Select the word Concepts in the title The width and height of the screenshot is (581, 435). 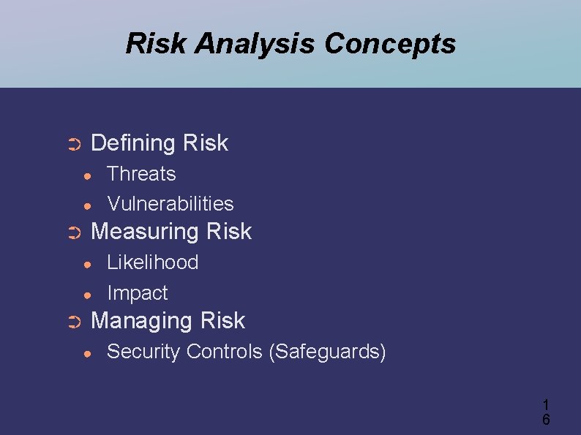pyautogui.click(x=389, y=44)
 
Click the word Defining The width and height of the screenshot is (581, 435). pyautogui.click(x=132, y=143)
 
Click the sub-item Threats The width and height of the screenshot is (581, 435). pyautogui.click(x=141, y=174)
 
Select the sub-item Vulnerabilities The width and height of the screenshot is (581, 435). pyautogui.click(x=170, y=204)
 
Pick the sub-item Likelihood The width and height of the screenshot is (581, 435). pyautogui.click(x=152, y=262)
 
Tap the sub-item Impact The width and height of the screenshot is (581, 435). pyautogui.click(x=137, y=293)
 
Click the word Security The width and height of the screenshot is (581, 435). pyautogui.click(x=143, y=352)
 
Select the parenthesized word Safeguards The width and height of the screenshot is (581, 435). pyautogui.click(x=327, y=352)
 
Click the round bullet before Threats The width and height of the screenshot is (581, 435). pyautogui.click(x=87, y=175)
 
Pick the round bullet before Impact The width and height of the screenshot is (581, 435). pyautogui.click(x=87, y=295)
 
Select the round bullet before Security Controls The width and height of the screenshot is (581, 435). pyautogui.click(x=87, y=353)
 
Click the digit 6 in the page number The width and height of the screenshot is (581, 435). pyautogui.click(x=546, y=420)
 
